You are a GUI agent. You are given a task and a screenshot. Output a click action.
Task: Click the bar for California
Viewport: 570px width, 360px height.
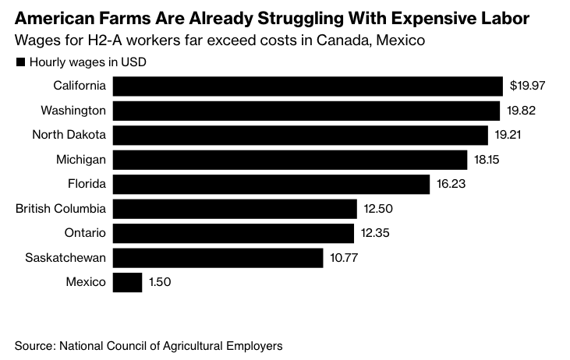coord(307,86)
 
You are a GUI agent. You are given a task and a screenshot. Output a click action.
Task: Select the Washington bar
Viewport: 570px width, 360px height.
coord(306,111)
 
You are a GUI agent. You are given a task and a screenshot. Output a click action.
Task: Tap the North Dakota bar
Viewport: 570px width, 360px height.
coord(300,135)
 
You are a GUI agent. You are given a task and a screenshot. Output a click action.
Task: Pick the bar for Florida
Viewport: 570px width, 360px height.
coord(271,184)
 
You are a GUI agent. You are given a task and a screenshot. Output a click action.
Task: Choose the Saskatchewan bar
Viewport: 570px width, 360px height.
coord(218,257)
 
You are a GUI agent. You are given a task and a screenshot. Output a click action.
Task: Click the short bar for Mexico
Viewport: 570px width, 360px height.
coord(128,282)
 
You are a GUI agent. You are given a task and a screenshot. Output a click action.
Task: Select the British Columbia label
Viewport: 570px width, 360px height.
coord(61,209)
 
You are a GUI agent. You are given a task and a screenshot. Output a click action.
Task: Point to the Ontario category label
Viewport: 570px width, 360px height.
coord(84,233)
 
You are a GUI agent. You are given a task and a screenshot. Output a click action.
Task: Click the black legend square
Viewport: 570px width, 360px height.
coord(19,62)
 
